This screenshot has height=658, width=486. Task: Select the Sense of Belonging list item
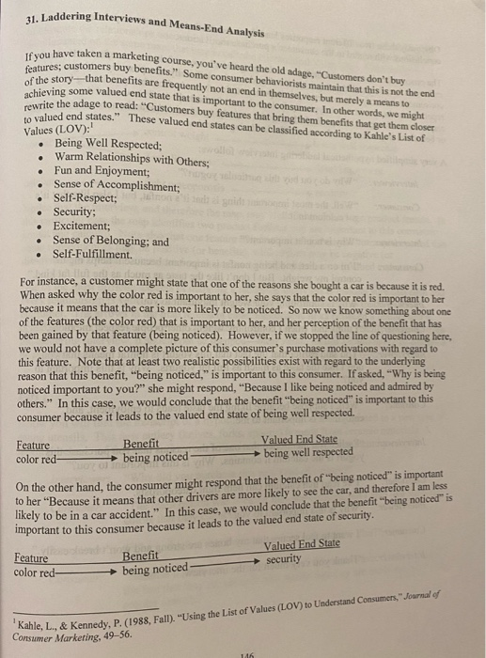[x=112, y=241]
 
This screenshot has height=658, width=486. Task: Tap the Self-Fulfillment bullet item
[x=93, y=254]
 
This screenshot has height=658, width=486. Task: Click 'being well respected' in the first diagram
[x=308, y=454]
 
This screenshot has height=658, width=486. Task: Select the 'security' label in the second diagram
[x=286, y=558]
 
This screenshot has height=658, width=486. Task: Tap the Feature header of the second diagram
[x=34, y=557]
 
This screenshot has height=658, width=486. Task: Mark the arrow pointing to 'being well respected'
[x=226, y=455]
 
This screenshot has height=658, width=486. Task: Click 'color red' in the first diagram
[x=37, y=460]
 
